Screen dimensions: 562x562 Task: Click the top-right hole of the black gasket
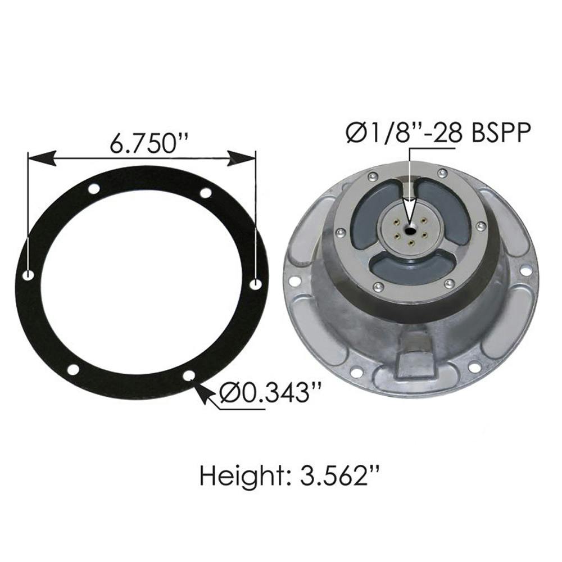tap(206, 193)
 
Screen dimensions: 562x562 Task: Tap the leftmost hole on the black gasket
tap(29, 275)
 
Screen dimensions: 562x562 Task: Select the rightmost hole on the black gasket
tap(256, 284)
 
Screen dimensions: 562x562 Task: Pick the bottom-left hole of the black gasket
tap(73, 369)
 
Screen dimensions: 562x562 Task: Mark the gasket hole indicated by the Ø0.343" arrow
tap(189, 375)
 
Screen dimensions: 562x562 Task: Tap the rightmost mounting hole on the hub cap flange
tap(525, 271)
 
